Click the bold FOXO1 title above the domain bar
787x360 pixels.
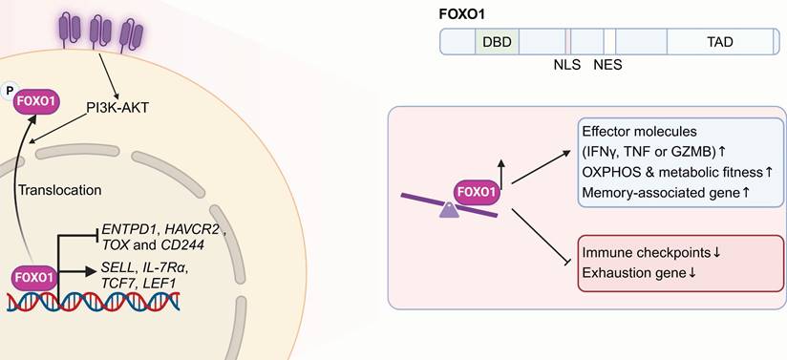pos(461,14)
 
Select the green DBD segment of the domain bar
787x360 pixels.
pos(497,42)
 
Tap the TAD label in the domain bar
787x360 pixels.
pos(719,42)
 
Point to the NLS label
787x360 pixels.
pos(566,65)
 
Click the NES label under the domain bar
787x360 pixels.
pos(607,65)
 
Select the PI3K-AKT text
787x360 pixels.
pos(117,108)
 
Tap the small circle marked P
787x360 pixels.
pos(9,91)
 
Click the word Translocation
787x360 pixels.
pos(60,190)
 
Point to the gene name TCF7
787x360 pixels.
pos(114,284)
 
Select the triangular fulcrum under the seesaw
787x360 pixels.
pos(449,210)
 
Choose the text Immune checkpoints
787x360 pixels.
pos(647,252)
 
